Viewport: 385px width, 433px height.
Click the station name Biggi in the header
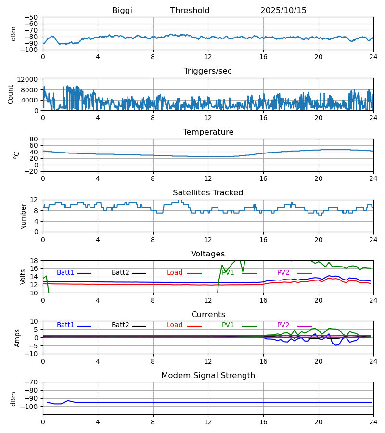[x=122, y=11]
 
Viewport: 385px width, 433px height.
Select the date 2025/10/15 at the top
[x=283, y=11]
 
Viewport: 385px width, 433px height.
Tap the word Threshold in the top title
[x=190, y=11]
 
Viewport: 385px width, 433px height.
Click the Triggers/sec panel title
[x=208, y=71]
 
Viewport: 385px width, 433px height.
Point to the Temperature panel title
[x=208, y=132]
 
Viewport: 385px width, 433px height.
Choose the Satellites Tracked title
[x=208, y=193]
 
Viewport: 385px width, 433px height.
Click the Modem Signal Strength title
[x=208, y=376]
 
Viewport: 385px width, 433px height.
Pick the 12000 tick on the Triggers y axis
[x=29, y=79]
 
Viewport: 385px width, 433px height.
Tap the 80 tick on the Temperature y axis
[x=34, y=139]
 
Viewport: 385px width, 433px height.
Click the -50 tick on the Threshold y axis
[x=32, y=17]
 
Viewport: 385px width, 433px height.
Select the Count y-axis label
[x=11, y=94]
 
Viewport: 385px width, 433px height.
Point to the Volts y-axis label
[x=23, y=277]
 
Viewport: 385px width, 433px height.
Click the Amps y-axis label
[x=17, y=338]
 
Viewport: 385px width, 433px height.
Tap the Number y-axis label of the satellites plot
[x=23, y=216]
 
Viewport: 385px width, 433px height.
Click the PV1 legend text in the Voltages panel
[x=228, y=273]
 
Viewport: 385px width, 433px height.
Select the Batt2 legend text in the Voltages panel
[x=120, y=273]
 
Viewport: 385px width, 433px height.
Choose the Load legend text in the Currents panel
[x=175, y=325]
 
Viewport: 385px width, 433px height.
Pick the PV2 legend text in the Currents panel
[x=283, y=325]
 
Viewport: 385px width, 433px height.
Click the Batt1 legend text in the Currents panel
[x=65, y=325]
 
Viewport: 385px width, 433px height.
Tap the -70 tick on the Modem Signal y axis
[x=32, y=382]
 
